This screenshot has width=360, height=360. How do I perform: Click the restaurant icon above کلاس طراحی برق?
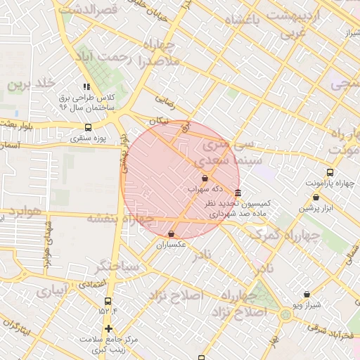[86, 86]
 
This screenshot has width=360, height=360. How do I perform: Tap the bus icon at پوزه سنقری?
[88, 127]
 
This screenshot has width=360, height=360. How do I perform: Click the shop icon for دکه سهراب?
[204, 179]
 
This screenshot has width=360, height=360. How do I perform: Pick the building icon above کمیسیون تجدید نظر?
[238, 193]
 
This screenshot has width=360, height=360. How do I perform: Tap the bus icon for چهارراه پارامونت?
[330, 172]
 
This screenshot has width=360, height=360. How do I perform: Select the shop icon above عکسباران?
[172, 234]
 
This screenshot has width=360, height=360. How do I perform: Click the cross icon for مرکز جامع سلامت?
[108, 328]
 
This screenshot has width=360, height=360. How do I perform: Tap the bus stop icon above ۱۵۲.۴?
[108, 301]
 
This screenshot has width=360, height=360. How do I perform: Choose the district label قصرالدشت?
[88, 10]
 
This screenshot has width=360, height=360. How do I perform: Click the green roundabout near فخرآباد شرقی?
[285, 314]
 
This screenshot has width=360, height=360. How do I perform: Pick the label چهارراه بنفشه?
[120, 219]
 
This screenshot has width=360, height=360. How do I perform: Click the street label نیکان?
[160, 121]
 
